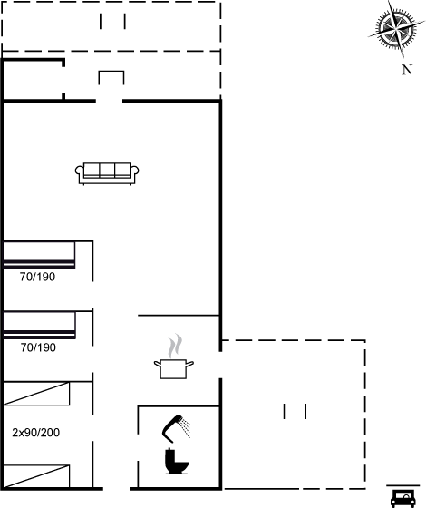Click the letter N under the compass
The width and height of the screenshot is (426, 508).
coord(407,70)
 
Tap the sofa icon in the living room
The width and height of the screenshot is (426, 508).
coord(107,173)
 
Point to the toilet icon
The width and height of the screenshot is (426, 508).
coord(176,462)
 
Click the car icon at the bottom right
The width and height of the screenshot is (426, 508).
coord(403,498)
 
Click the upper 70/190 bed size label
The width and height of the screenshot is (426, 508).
coord(37,277)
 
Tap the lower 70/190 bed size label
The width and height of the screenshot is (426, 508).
coord(38,347)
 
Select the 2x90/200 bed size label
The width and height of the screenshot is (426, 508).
coord(36,433)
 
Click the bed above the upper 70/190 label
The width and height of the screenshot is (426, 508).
coord(39,255)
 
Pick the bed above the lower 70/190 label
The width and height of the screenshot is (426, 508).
coord(39,326)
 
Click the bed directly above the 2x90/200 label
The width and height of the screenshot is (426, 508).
coord(36,394)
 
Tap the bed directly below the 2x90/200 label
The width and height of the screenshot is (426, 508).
coord(36,476)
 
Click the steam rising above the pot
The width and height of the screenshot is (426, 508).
coord(175,346)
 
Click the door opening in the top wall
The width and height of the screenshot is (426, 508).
coord(109,101)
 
